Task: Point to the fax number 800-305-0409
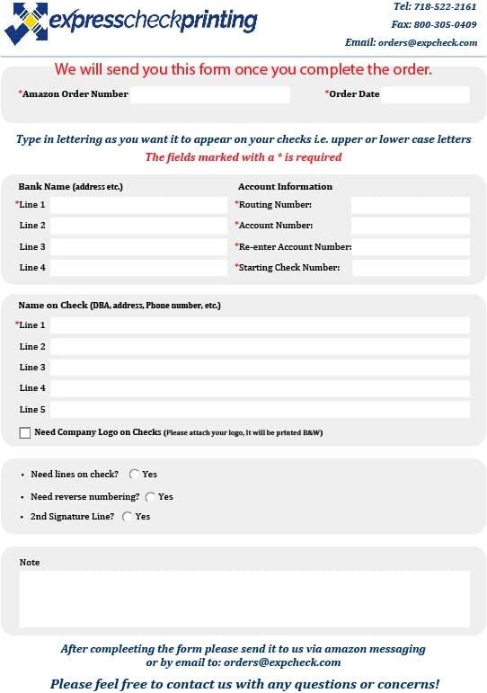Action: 446,24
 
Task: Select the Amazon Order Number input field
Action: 209,94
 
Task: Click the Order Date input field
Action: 425,94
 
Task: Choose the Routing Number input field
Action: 410,205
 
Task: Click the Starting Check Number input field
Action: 411,268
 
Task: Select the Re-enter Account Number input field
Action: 411,247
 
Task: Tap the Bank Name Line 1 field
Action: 138,205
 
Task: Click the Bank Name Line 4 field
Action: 138,268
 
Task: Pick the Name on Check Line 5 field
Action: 260,410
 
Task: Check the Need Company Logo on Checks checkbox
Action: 25,433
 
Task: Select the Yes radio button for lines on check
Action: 135,474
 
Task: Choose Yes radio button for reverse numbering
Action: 150,496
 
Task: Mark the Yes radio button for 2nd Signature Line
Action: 127,517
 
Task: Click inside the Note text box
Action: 244,600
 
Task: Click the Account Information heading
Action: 285,187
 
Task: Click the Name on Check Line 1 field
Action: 260,325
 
